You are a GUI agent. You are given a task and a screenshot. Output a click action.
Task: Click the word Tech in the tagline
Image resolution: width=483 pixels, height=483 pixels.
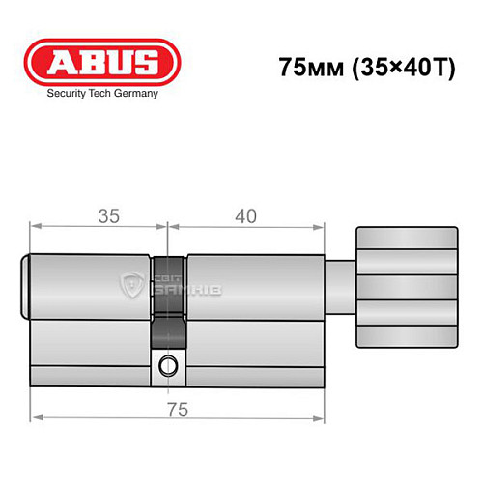pyautogui.click(x=100, y=94)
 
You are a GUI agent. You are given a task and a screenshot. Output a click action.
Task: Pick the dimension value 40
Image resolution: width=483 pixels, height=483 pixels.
pyautogui.click(x=244, y=216)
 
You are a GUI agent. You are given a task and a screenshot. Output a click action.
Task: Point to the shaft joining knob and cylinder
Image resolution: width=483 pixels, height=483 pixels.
pyautogui.click(x=338, y=287)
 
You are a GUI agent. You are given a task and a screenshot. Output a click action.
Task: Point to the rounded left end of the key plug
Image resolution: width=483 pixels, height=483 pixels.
pyautogui.click(x=27, y=286)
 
